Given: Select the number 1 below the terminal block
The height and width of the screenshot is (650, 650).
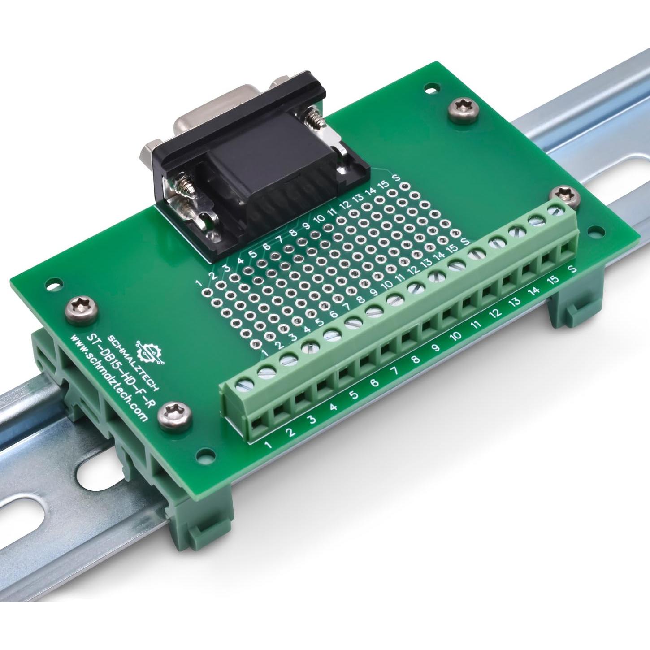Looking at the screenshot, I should tap(269, 445).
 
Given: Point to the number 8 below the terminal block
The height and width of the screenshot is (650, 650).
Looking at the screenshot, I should tap(415, 359).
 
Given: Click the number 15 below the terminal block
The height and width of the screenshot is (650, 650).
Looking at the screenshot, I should tap(554, 280).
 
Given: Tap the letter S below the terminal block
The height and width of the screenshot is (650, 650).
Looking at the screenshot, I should tap(572, 269).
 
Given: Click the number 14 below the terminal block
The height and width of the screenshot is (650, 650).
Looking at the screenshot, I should tap(533, 291).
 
